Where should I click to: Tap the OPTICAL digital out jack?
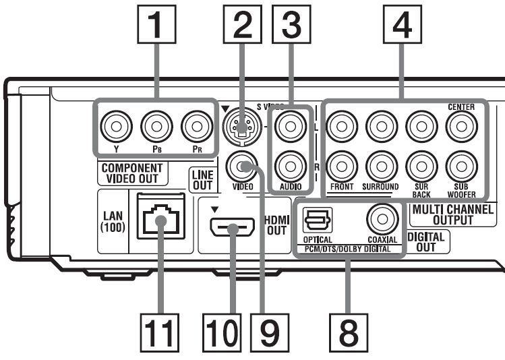pyautogui.click(x=316, y=220)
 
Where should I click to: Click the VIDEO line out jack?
pyautogui.click(x=240, y=164)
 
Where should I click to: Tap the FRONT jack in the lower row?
pyautogui.click(x=339, y=164)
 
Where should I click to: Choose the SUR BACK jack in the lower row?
pyautogui.click(x=419, y=164)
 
